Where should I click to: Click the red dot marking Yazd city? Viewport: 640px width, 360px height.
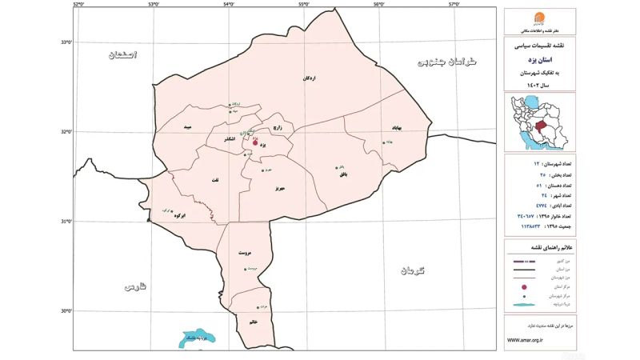255,142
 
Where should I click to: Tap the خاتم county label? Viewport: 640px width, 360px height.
254,322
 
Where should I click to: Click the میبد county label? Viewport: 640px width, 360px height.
188,127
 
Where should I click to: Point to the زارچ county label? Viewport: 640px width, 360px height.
278,127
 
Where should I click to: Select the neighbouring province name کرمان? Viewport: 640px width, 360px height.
414,271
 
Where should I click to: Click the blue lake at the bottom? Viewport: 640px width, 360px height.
194,338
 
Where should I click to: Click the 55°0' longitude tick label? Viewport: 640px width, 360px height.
304,5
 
